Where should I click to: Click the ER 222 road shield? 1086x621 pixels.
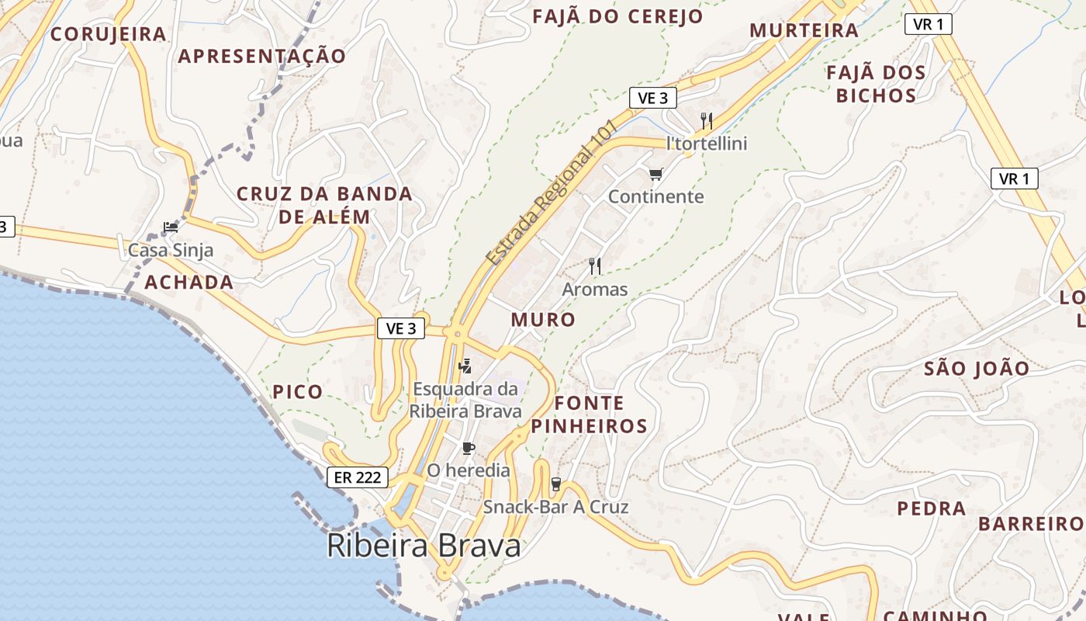[357, 477]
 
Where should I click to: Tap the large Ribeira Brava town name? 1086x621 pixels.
[424, 546]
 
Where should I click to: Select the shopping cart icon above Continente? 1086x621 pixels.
[656, 174]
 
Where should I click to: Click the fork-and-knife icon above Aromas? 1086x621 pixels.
[595, 266]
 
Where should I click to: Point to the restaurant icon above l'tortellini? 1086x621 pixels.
[707, 120]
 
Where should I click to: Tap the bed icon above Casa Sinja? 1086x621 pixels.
[171, 227]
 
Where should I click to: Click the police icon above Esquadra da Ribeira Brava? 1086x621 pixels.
[465, 366]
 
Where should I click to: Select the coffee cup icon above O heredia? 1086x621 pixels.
[469, 448]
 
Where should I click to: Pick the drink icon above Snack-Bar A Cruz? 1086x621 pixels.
[555, 484]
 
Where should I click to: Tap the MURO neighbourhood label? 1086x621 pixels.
[543, 319]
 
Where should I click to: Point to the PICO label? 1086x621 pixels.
[297, 392]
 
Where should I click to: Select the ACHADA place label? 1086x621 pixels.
[189, 282]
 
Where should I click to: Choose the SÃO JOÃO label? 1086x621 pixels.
[977, 369]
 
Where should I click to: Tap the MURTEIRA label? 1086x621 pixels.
[804, 30]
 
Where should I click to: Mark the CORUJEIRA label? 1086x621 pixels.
[109, 34]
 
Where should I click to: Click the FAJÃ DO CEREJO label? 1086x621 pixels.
[617, 16]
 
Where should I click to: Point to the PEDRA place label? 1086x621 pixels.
[932, 509]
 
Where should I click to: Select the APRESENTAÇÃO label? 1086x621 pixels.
[262, 57]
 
